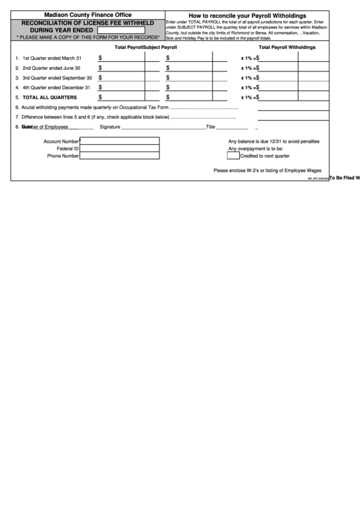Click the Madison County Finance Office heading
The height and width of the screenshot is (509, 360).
pyautogui.click(x=88, y=14)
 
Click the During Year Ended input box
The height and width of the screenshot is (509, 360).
pyautogui.click(x=121, y=30)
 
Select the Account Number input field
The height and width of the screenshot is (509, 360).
pyautogui.click(x=120, y=141)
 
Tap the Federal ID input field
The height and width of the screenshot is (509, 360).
pyautogui.click(x=120, y=148)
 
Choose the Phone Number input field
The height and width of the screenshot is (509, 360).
pyautogui.click(x=120, y=156)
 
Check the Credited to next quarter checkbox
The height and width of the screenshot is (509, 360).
pyautogui.click(x=234, y=156)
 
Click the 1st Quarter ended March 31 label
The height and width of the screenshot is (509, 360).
pyautogui.click(x=52, y=58)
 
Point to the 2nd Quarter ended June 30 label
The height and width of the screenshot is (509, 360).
pyautogui.click(x=51, y=68)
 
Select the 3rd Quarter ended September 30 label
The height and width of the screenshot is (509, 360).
pyautogui.click(x=57, y=77)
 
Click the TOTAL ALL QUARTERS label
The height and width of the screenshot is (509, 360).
pyautogui.click(x=50, y=97)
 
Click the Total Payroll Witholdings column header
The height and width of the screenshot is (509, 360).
pyautogui.click(x=287, y=48)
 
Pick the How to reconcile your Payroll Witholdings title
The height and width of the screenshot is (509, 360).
pyautogui.click(x=247, y=15)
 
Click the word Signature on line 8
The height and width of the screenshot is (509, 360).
pyautogui.click(x=110, y=127)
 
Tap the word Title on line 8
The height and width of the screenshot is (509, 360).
pyautogui.click(x=211, y=127)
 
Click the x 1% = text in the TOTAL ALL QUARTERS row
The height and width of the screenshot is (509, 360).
pyautogui.click(x=249, y=97)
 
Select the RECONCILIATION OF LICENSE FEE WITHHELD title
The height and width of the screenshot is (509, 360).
pyautogui.click(x=88, y=22)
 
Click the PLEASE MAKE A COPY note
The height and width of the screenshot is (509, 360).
pyautogui.click(x=88, y=37)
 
